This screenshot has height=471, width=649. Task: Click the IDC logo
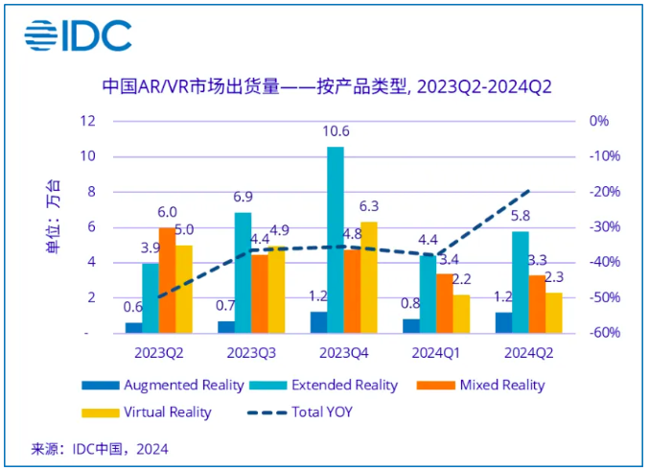[x=78, y=36]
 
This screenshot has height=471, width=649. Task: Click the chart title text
[x=326, y=87]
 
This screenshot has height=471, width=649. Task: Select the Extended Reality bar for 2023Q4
[x=335, y=240]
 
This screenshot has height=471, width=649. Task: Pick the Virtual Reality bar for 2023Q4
[x=368, y=277]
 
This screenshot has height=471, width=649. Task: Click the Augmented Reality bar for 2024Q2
[x=503, y=322]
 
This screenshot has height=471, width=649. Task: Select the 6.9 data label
[x=243, y=197]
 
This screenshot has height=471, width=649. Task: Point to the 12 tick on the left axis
[x=89, y=121]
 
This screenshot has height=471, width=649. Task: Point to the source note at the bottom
[x=101, y=448]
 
